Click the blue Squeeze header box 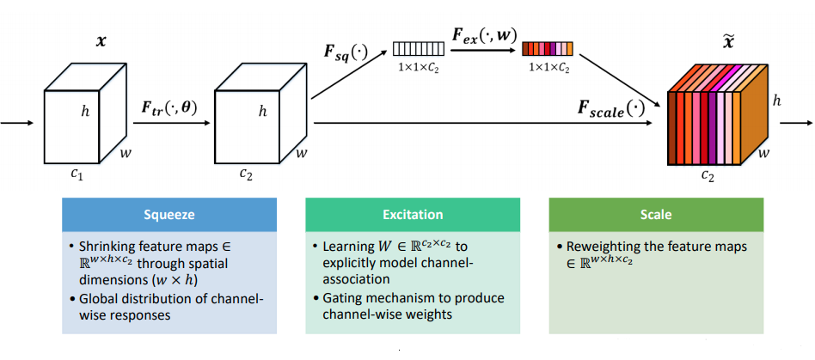click(x=169, y=215)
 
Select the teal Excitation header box click(x=413, y=215)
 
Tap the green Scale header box click(x=656, y=215)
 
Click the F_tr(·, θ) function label click(x=169, y=110)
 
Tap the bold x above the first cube click(x=101, y=41)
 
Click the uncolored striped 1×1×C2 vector click(x=419, y=49)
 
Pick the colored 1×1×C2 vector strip click(x=548, y=49)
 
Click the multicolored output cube click(x=717, y=114)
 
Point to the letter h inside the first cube click(x=86, y=113)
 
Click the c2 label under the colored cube click(x=708, y=177)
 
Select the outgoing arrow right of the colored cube click(x=796, y=123)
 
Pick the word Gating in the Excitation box click(x=342, y=300)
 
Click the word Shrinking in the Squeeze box click(x=106, y=246)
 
